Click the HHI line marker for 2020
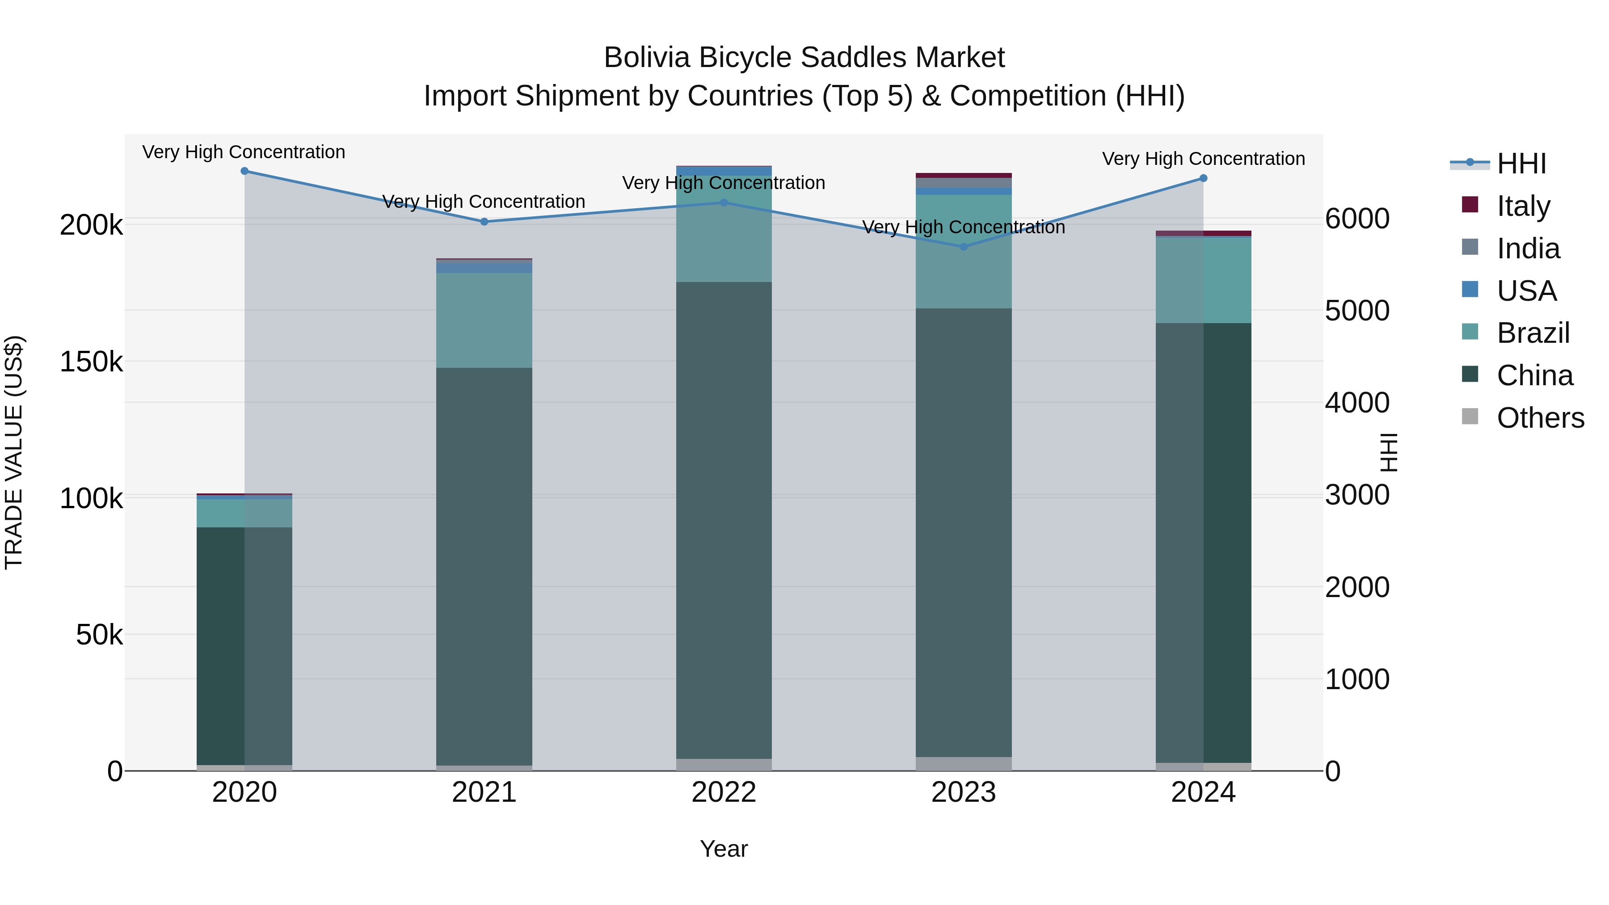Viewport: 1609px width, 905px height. pos(244,171)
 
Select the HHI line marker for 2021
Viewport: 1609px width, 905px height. pos(484,222)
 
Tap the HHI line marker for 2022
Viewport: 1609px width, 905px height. pos(724,202)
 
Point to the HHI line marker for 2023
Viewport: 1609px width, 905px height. pos(963,247)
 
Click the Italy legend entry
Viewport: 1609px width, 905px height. pos(1523,206)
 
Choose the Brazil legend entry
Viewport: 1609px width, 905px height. pos(1533,333)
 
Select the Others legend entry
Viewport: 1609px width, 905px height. pos(1540,418)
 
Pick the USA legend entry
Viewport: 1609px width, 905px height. pos(1527,291)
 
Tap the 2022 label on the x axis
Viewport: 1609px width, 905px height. pos(724,792)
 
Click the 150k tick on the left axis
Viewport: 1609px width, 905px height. pos(91,362)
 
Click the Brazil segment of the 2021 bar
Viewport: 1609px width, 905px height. pos(484,320)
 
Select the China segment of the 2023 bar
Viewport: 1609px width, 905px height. pos(963,531)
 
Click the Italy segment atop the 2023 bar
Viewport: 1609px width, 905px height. pos(963,176)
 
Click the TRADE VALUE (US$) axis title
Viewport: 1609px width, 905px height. pos(14,452)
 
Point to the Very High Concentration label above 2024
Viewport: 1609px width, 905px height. pos(1203,159)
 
